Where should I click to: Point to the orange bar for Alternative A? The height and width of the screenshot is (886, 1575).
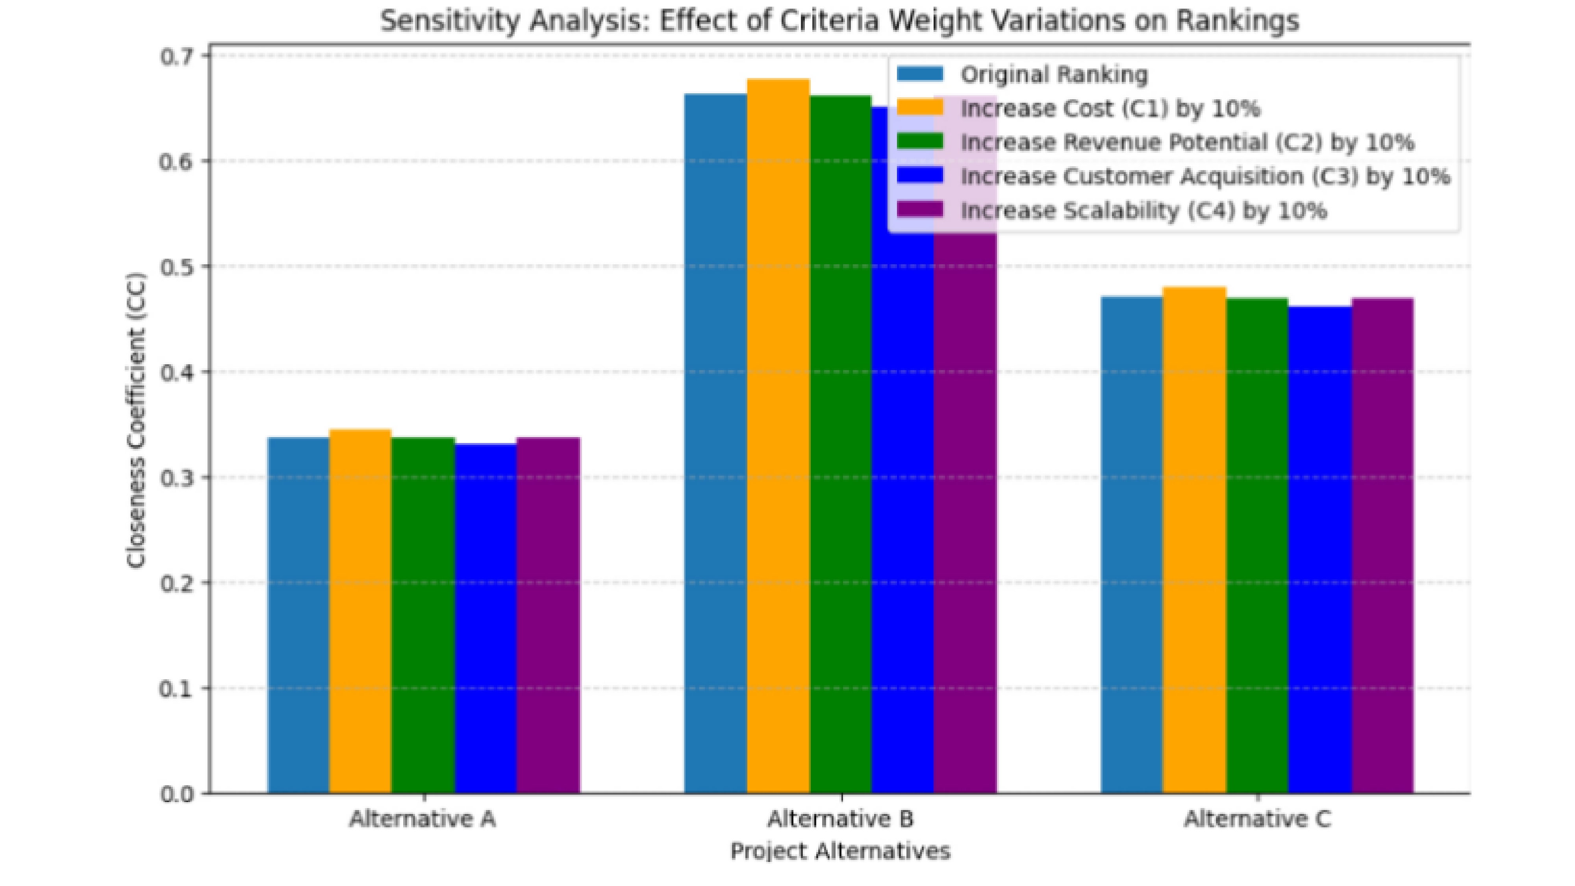coord(360,612)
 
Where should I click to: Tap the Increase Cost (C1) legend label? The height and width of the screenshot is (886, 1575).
coord(1110,109)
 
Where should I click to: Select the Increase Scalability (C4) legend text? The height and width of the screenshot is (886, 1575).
coord(1143,211)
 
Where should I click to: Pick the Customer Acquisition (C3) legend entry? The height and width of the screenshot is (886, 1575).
coord(1204,177)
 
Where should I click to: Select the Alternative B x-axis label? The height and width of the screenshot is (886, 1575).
coord(840,819)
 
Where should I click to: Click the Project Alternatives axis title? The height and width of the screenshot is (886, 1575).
coord(840,851)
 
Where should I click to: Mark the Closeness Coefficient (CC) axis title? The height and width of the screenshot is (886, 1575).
coord(136,421)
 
